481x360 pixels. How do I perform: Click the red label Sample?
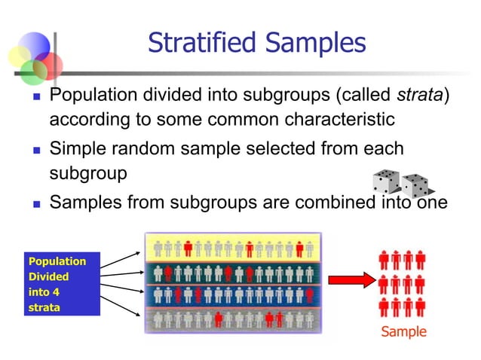[403, 331]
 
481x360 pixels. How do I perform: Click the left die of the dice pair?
[387, 182]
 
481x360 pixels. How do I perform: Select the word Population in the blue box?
[57, 261]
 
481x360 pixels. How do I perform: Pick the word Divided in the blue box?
[48, 277]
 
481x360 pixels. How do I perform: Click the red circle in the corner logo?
[49, 66]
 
